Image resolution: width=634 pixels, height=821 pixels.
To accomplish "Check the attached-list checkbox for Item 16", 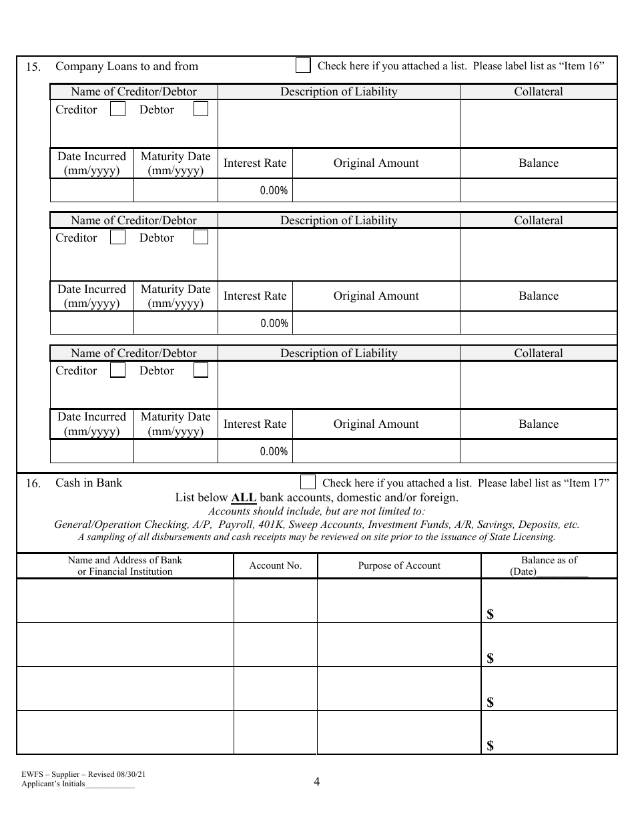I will [303, 65].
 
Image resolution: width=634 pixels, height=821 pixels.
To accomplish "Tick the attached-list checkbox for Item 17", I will [308, 482].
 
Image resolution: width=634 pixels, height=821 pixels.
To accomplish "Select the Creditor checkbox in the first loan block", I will [117, 109].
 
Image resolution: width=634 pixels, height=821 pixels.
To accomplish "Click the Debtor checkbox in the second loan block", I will [201, 238].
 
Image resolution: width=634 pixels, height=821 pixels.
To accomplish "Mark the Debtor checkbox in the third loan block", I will [201, 370].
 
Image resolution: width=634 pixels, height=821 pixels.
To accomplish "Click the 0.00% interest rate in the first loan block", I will [274, 191].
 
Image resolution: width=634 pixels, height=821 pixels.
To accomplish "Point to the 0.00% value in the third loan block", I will [274, 452].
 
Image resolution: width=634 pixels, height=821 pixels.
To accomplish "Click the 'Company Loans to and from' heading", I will [127, 66].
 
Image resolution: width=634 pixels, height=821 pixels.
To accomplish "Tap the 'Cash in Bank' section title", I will [89, 483].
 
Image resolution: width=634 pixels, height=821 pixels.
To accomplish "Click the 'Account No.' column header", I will [275, 566].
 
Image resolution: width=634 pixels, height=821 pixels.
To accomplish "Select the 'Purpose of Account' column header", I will [399, 566].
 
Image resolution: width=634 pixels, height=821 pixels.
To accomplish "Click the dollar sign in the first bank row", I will [491, 615].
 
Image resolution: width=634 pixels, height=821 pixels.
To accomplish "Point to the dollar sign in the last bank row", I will [491, 746].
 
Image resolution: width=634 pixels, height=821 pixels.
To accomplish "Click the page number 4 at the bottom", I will [316, 782].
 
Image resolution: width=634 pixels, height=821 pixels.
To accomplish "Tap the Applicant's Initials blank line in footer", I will [109, 786].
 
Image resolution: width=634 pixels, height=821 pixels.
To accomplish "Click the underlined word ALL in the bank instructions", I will [244, 498].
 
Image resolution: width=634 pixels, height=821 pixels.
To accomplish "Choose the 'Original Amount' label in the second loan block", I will [376, 296].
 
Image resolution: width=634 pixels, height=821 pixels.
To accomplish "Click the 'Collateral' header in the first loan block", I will [538, 92].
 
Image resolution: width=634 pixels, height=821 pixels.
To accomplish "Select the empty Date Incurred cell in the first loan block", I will [91, 190].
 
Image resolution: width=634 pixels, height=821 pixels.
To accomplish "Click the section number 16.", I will [33, 484].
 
